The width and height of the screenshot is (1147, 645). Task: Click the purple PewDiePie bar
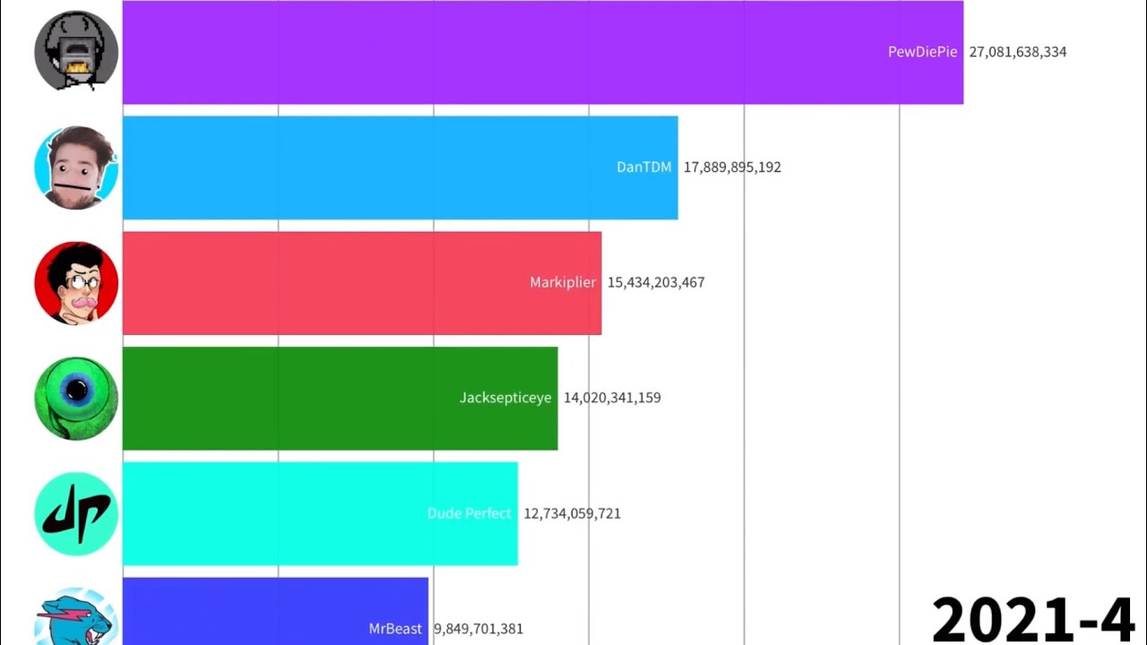click(502, 52)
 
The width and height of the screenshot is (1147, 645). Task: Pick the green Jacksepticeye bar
click(296, 398)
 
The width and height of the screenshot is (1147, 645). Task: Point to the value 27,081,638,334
click(1017, 52)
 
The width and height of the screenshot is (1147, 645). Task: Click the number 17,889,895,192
click(732, 168)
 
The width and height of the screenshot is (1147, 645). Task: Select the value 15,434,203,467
click(656, 283)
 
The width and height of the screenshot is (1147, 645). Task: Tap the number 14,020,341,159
click(612, 398)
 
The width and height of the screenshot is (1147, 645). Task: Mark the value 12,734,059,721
click(572, 513)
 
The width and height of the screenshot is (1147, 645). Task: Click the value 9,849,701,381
click(479, 629)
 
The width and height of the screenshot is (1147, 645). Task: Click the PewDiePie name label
click(922, 52)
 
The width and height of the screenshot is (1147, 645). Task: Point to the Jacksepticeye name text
click(505, 398)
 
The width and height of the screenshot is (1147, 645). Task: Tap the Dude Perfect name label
click(469, 513)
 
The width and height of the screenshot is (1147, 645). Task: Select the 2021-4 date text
click(1032, 618)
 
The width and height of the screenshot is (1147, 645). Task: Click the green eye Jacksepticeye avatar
click(76, 398)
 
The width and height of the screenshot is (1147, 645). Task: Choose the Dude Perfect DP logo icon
click(76, 513)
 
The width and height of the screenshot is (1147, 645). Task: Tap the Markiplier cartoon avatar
click(76, 283)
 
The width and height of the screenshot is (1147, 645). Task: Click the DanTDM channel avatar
click(76, 168)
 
